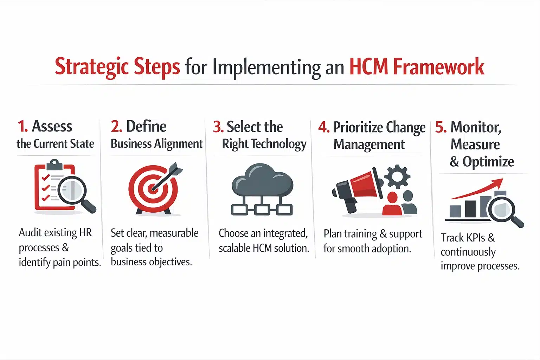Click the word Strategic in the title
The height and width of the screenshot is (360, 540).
tap(90, 66)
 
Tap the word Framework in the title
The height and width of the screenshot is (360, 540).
tap(438, 66)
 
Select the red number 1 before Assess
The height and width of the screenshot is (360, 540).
tap(22, 127)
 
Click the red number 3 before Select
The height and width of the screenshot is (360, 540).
tap(218, 127)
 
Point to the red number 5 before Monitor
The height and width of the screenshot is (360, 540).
tap(441, 127)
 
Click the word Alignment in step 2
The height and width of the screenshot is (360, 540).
tap(179, 144)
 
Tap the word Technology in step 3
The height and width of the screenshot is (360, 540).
tap(279, 144)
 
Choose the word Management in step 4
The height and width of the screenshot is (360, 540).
tap(369, 144)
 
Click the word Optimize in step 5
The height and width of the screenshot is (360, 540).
tap(488, 162)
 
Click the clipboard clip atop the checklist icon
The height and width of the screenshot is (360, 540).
tap(54, 164)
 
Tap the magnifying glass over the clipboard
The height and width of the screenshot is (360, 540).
tap(72, 190)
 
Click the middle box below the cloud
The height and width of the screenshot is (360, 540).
tap(262, 210)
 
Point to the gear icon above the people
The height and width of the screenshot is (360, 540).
tap(397, 176)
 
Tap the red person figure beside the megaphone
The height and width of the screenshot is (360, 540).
tap(392, 204)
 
